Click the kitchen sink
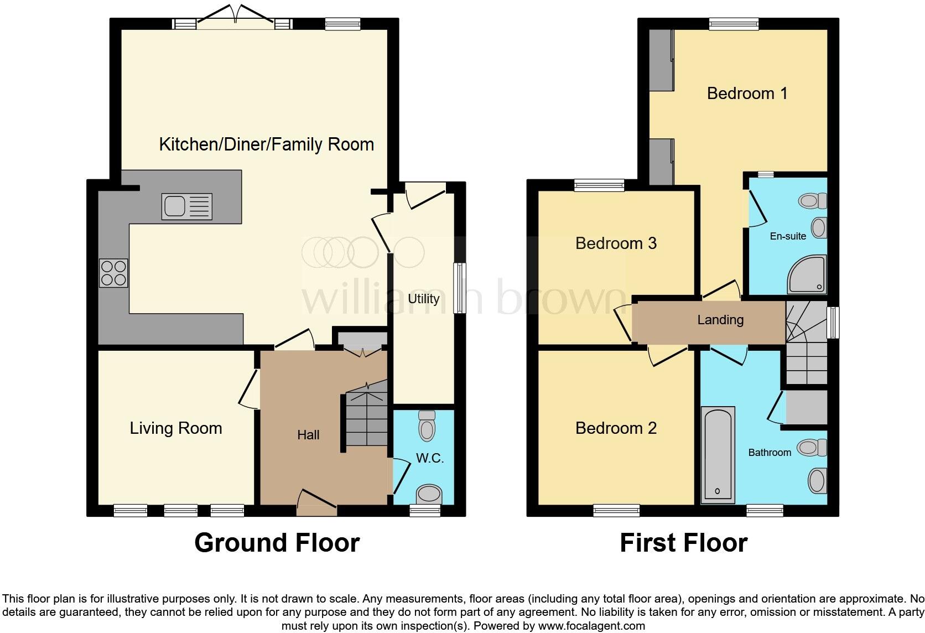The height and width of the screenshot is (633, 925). coord(186,206)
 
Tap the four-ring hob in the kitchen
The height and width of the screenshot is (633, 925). coord(113,273)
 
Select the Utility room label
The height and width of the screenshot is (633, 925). coord(423,299)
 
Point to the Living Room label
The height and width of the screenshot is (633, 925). coord(176,428)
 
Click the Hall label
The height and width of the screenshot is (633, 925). coord(308,435)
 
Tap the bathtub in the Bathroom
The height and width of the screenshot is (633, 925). coord(718,455)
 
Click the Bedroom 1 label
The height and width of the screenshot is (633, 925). coord(747,94)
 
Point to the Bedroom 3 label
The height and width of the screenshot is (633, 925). coord(616,243)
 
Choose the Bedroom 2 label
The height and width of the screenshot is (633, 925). coord(616,428)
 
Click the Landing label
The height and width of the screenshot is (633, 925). coord(720,320)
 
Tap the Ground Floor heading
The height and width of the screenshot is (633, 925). coord(277,543)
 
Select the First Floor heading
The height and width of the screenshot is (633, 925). coord(683,543)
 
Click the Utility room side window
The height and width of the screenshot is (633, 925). coord(459,288)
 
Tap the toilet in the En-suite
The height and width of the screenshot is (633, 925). coord(813,200)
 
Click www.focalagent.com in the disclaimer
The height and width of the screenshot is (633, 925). coord(591,626)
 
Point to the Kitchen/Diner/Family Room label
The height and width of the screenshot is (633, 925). coord(266,144)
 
